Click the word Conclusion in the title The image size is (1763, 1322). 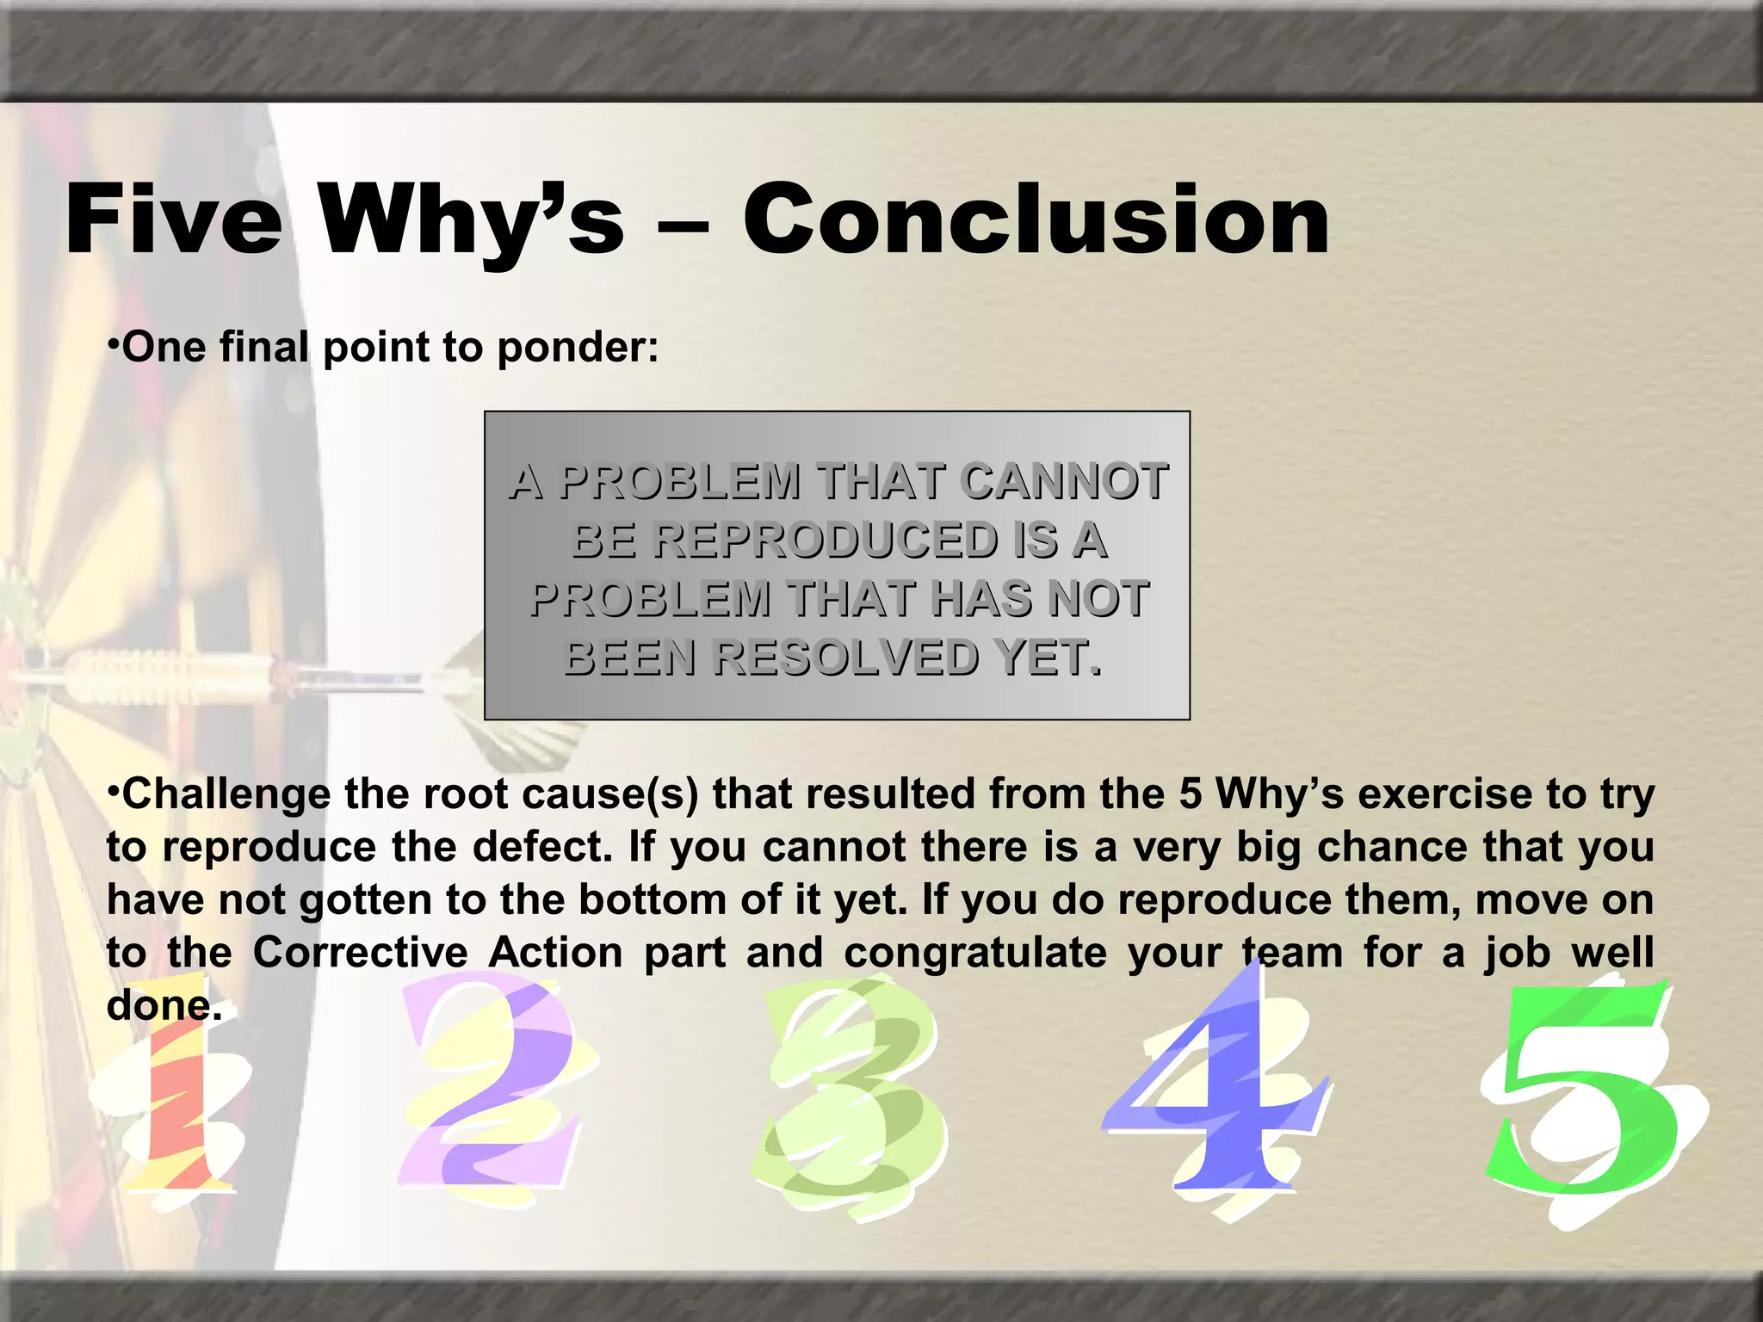1036,220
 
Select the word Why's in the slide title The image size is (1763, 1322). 472,222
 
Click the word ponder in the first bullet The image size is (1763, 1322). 577,348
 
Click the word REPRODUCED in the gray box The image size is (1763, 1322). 824,541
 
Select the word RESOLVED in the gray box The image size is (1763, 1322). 847,658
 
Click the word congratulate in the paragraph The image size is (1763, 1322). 974,953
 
